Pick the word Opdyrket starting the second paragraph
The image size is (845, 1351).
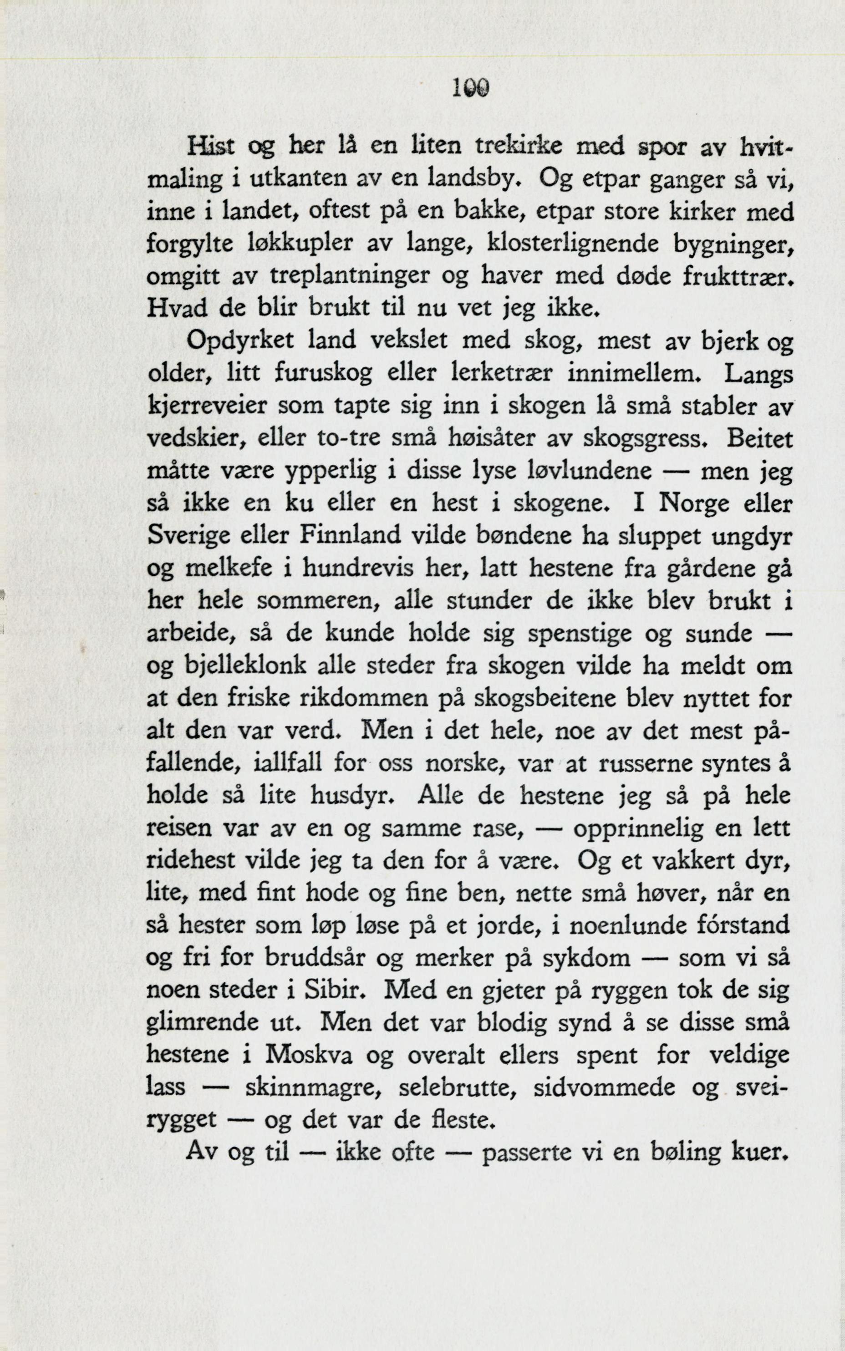click(240, 340)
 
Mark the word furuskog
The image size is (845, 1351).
click(323, 373)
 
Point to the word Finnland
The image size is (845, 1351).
click(351, 536)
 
